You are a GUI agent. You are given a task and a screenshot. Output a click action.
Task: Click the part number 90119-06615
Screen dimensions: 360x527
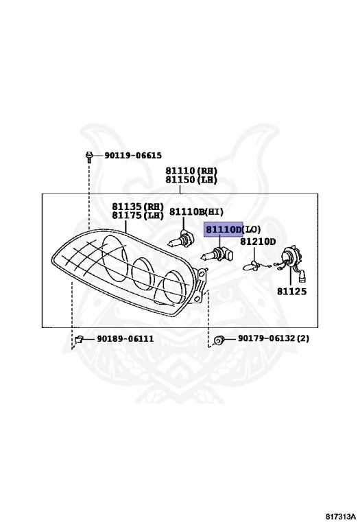click(133, 155)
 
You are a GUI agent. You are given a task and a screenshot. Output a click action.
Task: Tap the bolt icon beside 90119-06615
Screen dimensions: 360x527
click(89, 156)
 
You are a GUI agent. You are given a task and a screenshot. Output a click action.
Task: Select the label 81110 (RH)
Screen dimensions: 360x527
click(191, 171)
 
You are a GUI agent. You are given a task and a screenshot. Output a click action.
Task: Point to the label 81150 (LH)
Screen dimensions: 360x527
click(191, 180)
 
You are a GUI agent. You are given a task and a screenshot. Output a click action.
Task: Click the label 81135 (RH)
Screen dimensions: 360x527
click(138, 207)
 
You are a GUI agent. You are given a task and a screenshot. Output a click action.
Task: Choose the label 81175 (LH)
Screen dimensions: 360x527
click(138, 215)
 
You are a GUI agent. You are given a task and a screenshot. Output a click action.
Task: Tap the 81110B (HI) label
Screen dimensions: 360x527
click(196, 212)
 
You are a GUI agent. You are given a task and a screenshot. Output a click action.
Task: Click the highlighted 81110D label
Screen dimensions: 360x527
click(224, 230)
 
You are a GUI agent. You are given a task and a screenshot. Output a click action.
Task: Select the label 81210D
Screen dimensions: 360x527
click(258, 242)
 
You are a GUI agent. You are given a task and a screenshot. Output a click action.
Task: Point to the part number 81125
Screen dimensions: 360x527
click(292, 292)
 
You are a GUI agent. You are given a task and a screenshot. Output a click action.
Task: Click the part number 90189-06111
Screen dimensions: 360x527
click(125, 339)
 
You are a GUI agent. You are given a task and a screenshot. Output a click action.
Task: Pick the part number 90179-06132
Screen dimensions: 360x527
click(267, 338)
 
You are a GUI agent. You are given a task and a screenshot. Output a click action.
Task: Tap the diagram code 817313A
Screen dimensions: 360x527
click(340, 517)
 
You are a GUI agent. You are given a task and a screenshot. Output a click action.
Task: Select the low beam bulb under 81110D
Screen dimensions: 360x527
click(217, 255)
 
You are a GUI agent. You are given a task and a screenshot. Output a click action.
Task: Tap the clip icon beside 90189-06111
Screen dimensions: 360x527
click(79, 340)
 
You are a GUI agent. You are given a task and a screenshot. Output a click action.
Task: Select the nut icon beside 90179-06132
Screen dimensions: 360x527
click(219, 340)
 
